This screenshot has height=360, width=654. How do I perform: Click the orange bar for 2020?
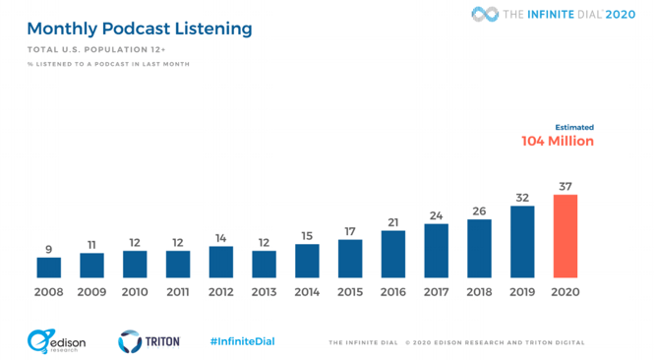565,236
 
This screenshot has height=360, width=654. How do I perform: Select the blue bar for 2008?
49,267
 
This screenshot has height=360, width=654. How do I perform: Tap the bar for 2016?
393,254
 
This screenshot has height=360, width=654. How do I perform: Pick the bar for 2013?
264,264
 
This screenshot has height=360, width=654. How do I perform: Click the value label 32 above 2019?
522,198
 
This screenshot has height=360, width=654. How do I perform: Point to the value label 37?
565,186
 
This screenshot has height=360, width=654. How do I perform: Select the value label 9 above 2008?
49,249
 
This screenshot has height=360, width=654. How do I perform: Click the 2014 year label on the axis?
307,293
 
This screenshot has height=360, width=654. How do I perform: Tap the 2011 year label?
178,293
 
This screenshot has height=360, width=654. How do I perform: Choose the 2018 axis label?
479,293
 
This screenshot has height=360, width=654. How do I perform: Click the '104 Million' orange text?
558,142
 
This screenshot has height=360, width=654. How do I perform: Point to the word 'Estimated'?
574,127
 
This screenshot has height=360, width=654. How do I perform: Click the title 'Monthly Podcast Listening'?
140,29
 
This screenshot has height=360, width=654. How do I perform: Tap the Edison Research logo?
58,341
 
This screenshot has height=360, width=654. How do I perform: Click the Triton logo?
149,341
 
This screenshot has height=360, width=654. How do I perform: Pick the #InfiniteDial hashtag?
242,341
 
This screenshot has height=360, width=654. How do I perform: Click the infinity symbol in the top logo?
485,14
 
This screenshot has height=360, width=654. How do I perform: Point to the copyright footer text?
494,343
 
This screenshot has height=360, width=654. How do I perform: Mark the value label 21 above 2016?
393,222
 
